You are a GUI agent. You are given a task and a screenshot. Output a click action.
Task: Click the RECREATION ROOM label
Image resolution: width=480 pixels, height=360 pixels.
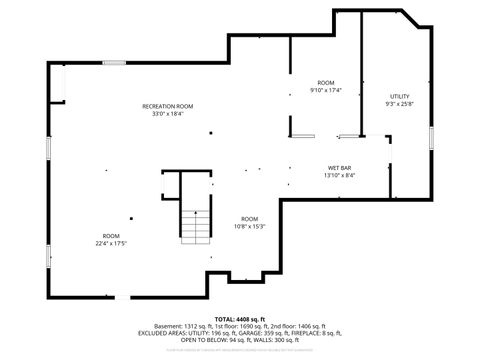pyautogui.click(x=167, y=106)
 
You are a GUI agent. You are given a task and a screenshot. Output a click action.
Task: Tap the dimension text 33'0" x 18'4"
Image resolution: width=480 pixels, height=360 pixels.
pyautogui.click(x=167, y=113)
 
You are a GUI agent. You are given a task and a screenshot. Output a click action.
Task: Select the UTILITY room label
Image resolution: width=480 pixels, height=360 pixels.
pyautogui.click(x=399, y=96)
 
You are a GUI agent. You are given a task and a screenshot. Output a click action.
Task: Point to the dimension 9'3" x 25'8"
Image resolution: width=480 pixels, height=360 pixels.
pyautogui.click(x=399, y=103)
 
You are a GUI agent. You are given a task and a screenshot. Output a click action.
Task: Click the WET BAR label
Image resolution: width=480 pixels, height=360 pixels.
pyautogui.click(x=339, y=167)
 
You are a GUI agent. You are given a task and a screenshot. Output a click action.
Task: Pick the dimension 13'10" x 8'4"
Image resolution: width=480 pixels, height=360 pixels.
pyautogui.click(x=339, y=175)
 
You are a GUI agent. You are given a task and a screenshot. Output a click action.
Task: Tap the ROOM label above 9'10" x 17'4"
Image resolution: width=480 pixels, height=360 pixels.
pyautogui.click(x=326, y=82)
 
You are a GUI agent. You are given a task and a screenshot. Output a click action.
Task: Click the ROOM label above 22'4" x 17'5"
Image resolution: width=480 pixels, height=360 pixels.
pyautogui.click(x=110, y=236)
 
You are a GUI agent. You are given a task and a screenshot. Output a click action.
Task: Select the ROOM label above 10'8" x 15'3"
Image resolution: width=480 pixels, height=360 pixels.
pyautogui.click(x=249, y=218)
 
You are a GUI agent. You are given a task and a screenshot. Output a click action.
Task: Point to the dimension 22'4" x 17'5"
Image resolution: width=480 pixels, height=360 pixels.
pyautogui.click(x=110, y=243)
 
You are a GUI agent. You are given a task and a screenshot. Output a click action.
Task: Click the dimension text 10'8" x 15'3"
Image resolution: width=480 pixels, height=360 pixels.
pyautogui.click(x=249, y=225)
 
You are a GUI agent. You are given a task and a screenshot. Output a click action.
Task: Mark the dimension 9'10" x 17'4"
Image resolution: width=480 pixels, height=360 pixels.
pyautogui.click(x=326, y=90)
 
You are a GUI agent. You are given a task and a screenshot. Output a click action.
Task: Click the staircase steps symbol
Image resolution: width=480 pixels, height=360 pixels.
pyautogui.click(x=196, y=228)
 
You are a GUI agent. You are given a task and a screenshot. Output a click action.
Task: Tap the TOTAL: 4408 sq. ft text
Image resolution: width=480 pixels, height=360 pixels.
pyautogui.click(x=240, y=318)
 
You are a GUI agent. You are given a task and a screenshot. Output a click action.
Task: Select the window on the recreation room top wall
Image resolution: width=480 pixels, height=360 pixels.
pyautogui.click(x=114, y=63)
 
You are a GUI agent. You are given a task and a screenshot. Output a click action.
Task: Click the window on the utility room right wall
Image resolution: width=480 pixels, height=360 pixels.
pyautogui.click(x=431, y=135)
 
